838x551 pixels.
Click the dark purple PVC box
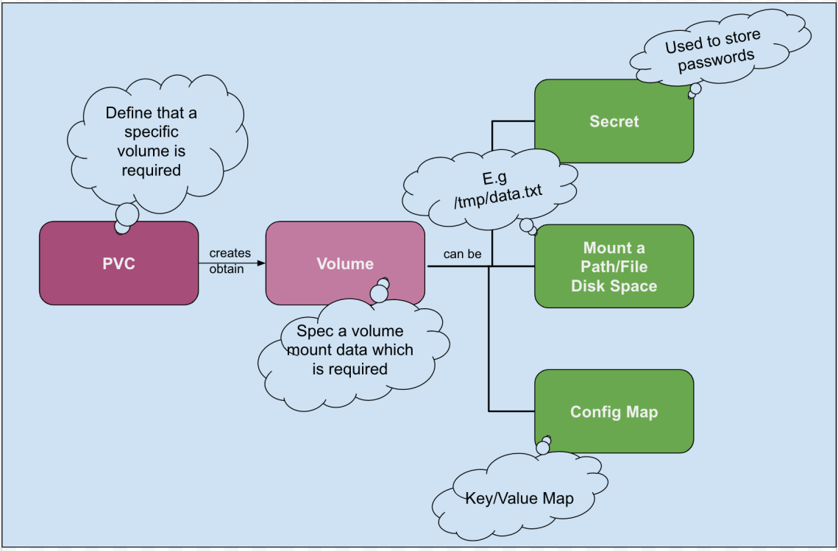(x=118, y=263)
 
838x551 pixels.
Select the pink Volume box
(x=344, y=263)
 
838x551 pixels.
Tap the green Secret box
(x=614, y=121)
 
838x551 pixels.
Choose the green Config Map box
(x=614, y=411)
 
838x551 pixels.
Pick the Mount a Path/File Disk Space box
(x=614, y=266)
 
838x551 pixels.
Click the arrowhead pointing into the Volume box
(x=260, y=263)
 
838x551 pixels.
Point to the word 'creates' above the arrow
(x=230, y=253)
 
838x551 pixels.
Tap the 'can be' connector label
(x=462, y=255)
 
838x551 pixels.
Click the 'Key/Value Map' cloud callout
(x=519, y=498)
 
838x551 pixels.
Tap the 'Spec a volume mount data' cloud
(x=350, y=350)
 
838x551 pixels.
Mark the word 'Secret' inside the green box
(x=614, y=121)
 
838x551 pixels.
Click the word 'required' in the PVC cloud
(x=152, y=171)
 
